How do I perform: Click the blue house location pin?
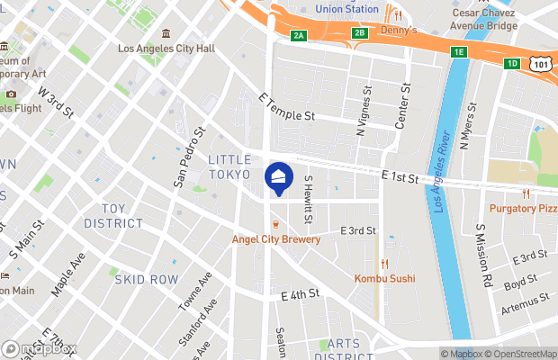tap(279, 177)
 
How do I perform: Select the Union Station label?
tap(347, 9)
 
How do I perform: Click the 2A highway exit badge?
tap(299, 34)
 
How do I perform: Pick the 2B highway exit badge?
tap(360, 33)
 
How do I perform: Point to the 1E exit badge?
tap(459, 52)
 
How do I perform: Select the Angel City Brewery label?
tap(275, 239)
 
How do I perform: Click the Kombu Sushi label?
tap(384, 278)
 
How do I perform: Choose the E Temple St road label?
tap(286, 107)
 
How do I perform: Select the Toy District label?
tap(113, 215)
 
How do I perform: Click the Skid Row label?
tap(146, 280)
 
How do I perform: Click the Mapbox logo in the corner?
tap(40, 348)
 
